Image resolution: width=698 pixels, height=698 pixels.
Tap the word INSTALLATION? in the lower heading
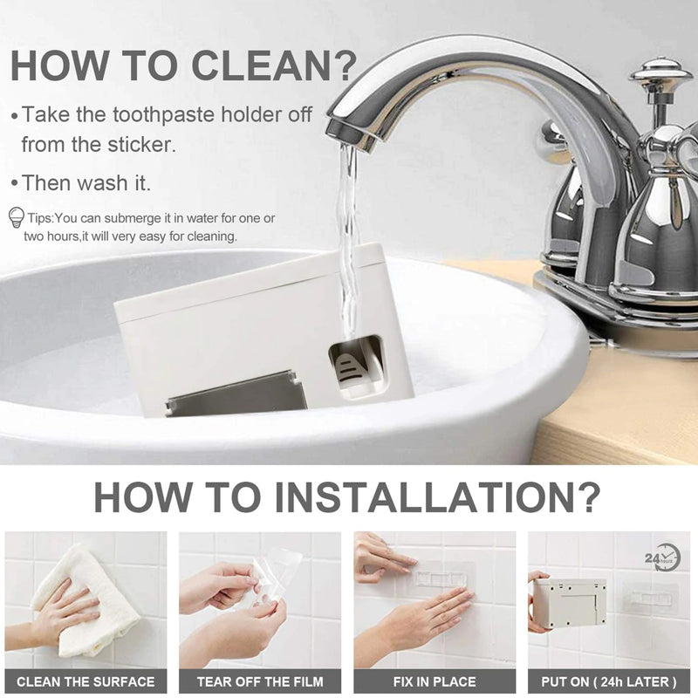pos(437,496)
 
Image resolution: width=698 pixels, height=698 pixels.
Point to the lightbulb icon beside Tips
pos(16,218)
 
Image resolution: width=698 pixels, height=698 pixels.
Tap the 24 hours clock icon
pos(663,557)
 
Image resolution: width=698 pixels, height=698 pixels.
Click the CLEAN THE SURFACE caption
pos(86,681)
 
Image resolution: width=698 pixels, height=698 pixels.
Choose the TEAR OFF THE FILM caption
pos(260,681)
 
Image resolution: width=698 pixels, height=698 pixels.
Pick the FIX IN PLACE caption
pos(435,681)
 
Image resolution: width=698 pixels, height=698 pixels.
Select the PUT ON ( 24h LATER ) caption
pos(608,681)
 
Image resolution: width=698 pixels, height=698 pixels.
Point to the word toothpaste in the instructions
pos(163,115)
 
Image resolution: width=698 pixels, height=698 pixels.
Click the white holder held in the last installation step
pos(570,602)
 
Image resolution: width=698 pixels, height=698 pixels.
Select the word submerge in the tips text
pos(134,219)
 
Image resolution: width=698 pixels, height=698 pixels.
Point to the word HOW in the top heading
pos(58,65)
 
